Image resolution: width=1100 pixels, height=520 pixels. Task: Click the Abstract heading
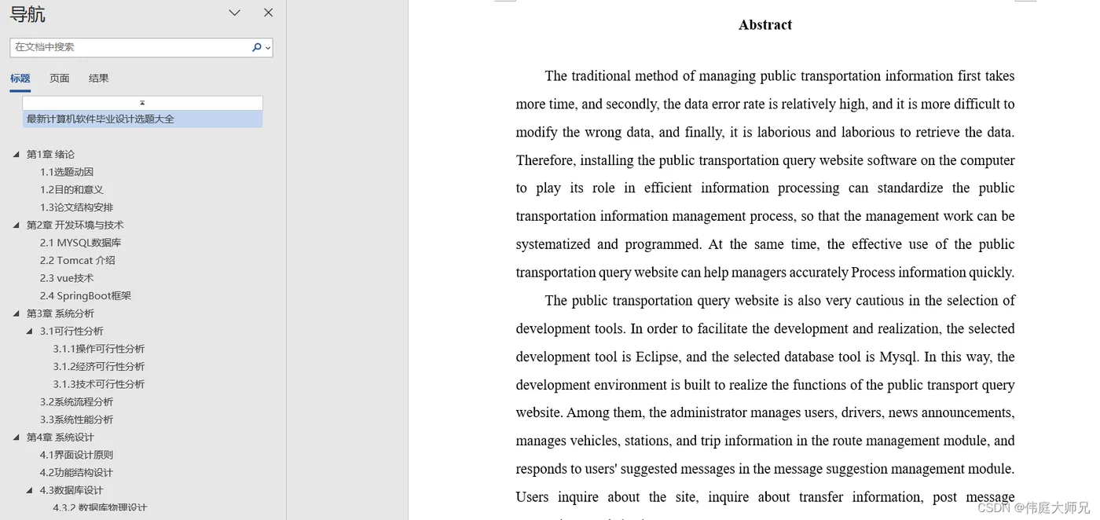[x=764, y=25]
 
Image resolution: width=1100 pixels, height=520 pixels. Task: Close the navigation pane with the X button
[x=268, y=13]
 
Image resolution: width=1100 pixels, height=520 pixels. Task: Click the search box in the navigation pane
[x=130, y=47]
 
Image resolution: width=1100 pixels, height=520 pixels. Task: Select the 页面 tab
[x=60, y=79]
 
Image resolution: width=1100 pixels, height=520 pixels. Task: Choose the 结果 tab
[x=99, y=79]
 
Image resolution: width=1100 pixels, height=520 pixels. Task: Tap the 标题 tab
[x=20, y=79]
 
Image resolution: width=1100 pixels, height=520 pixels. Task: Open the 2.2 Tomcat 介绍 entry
[x=78, y=261]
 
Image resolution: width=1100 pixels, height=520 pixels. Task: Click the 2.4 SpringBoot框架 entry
[x=86, y=296]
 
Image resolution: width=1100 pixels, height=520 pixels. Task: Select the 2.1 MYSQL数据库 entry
[x=81, y=243]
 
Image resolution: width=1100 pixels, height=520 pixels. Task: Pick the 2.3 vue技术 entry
[x=67, y=278]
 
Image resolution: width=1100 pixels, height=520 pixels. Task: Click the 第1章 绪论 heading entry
[x=50, y=155]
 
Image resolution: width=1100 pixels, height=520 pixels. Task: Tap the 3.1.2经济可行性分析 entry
[x=99, y=367]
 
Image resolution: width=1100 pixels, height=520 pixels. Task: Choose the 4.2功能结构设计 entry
[x=76, y=473]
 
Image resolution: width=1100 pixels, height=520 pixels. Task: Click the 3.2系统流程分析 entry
[x=76, y=402]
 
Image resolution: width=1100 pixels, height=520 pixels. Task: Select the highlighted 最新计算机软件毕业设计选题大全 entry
[x=101, y=119]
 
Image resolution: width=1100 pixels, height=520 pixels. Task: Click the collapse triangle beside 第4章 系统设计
[x=16, y=438]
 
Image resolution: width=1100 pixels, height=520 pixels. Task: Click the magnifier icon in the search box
[x=256, y=47]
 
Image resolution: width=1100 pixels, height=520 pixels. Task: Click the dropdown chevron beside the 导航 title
[x=234, y=13]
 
